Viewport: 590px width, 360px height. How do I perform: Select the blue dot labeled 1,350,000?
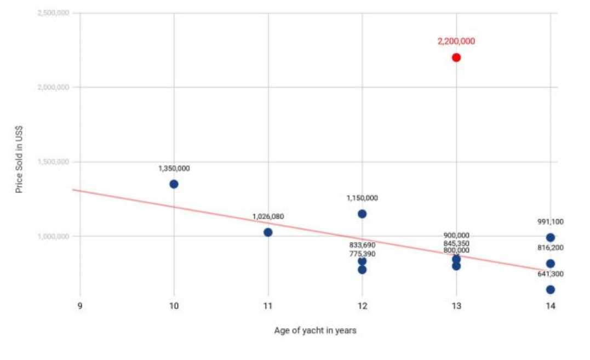point(174,184)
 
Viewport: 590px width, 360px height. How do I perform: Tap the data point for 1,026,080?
point(268,232)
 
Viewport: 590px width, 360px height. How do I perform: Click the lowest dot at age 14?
point(550,289)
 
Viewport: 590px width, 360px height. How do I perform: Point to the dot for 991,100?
point(550,237)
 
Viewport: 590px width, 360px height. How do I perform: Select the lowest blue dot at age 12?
point(362,270)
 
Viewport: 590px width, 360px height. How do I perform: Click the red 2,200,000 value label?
point(456,41)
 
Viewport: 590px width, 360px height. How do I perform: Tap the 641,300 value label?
point(550,274)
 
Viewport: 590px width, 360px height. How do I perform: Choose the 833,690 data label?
point(362,245)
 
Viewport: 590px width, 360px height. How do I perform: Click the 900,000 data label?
point(456,236)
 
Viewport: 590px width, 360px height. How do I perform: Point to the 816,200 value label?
point(550,248)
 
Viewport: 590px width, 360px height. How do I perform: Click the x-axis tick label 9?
point(80,306)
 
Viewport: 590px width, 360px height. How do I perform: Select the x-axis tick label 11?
point(268,306)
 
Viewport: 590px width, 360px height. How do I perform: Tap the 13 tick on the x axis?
point(456,306)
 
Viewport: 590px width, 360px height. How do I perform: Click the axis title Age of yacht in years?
point(316,330)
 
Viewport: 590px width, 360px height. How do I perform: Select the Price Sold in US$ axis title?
point(19,159)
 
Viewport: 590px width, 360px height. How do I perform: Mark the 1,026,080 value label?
point(268,217)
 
